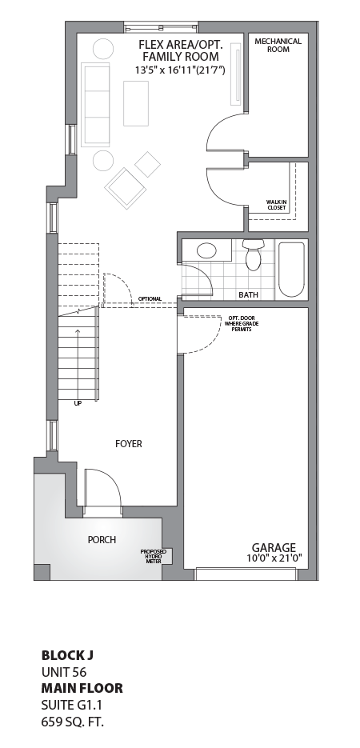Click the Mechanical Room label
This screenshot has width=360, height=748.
[x=278, y=45]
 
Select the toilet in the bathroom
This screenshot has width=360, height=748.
[x=254, y=255]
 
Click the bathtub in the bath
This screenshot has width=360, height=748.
[x=291, y=269]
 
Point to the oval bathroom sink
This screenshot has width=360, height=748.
[x=206, y=250]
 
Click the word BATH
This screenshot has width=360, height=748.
[x=248, y=295]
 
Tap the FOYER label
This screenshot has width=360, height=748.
[x=128, y=443]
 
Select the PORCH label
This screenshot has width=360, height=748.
[x=102, y=540]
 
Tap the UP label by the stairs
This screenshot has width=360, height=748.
[x=78, y=403]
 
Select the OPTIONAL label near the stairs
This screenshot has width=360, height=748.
[x=150, y=299]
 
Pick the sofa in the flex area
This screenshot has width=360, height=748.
[x=96, y=103]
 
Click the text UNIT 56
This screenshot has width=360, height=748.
[x=64, y=673]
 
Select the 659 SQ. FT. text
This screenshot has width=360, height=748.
[x=73, y=722]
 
